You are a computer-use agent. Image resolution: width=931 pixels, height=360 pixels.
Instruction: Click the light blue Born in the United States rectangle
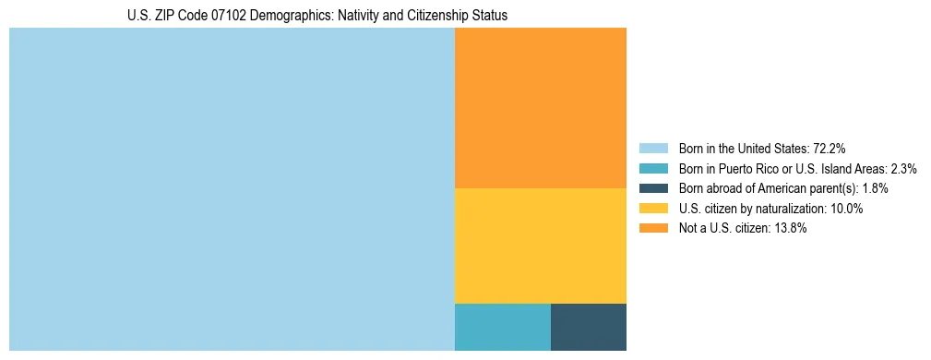tap(232, 189)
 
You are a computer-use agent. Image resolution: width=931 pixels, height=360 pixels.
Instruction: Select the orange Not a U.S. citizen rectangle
tap(540, 108)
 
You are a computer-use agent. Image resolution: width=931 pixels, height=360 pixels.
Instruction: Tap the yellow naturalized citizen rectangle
tap(540, 246)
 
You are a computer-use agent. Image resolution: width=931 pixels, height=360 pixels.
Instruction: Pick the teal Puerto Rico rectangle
tap(502, 327)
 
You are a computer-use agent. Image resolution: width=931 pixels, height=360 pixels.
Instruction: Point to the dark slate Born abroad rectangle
tap(588, 327)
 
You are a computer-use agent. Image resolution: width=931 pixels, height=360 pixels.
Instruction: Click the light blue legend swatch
tap(652, 148)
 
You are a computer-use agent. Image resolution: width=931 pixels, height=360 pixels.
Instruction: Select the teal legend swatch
tap(652, 168)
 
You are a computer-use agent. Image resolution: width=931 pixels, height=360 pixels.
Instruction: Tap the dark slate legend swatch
tap(652, 188)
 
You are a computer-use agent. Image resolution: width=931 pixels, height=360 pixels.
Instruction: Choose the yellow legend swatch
tap(652, 209)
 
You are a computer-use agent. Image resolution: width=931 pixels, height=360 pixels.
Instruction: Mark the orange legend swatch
tap(652, 229)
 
